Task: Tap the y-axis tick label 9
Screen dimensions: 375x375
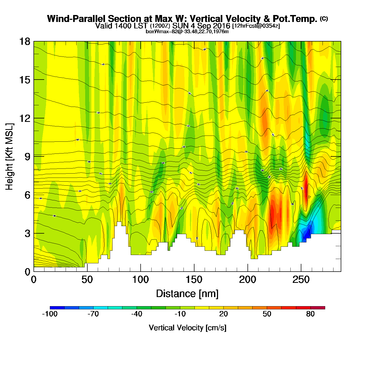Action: (x=27, y=157)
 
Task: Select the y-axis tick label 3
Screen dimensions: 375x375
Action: (x=27, y=234)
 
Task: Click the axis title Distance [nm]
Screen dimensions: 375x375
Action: (x=187, y=294)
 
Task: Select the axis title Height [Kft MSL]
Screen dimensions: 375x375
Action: (x=9, y=157)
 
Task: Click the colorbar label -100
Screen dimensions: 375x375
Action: (x=50, y=314)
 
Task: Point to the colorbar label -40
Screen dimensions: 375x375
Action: (x=137, y=314)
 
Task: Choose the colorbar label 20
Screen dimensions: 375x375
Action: (x=223, y=314)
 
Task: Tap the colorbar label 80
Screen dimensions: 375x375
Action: (x=310, y=314)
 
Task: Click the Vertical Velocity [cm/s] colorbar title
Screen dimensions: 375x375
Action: (x=187, y=328)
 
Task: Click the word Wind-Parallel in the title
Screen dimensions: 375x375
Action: (x=77, y=19)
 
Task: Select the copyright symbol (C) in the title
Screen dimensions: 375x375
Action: (x=324, y=18)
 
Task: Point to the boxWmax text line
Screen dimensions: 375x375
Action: (x=187, y=32)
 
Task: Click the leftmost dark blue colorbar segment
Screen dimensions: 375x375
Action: (x=57, y=307)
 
